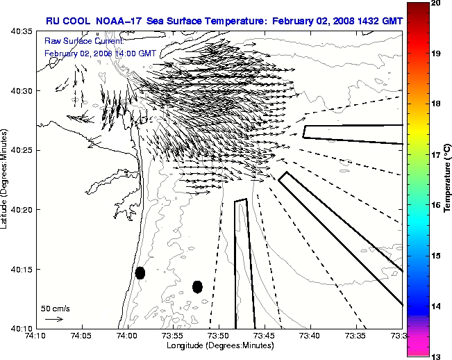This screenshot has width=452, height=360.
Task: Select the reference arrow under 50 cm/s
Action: pyautogui.click(x=54, y=319)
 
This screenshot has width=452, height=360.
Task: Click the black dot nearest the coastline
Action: pyautogui.click(x=140, y=272)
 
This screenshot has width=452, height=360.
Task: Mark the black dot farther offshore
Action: pyautogui.click(x=197, y=286)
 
